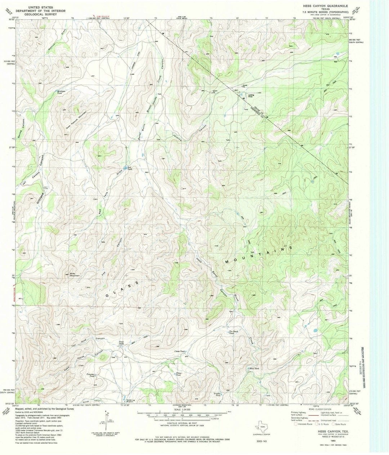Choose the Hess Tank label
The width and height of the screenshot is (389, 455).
coord(254,369)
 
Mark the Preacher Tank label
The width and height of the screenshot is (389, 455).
coord(90,375)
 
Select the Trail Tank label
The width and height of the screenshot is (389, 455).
coord(122,343)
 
